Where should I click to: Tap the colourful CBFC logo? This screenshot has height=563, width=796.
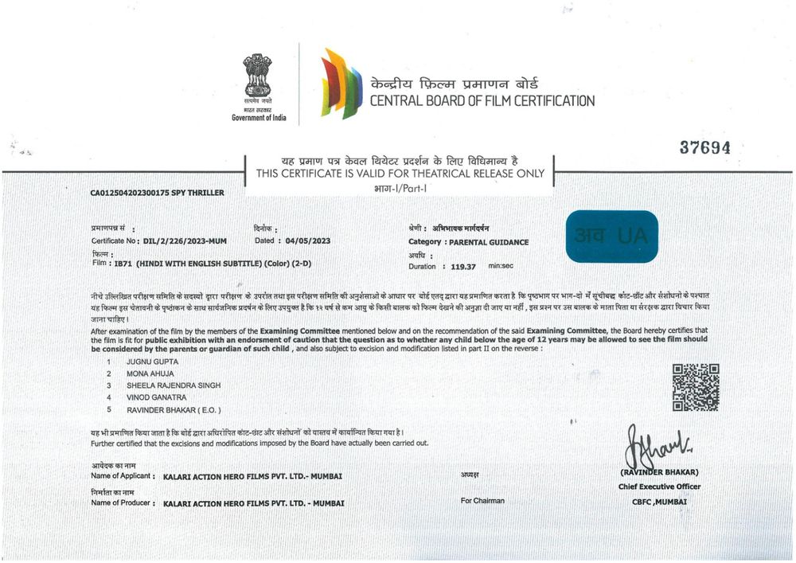coord(341,83)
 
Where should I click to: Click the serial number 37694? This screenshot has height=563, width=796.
coord(704,148)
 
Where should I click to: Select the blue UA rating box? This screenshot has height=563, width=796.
coord(612,236)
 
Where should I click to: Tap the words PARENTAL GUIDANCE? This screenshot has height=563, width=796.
coord(489,242)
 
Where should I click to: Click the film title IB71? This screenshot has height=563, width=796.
coord(123,262)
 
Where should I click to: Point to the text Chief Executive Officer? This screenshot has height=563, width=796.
coord(659,487)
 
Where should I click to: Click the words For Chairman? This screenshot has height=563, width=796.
coord(482,501)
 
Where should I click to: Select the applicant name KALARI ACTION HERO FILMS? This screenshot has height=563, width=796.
coord(252,476)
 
